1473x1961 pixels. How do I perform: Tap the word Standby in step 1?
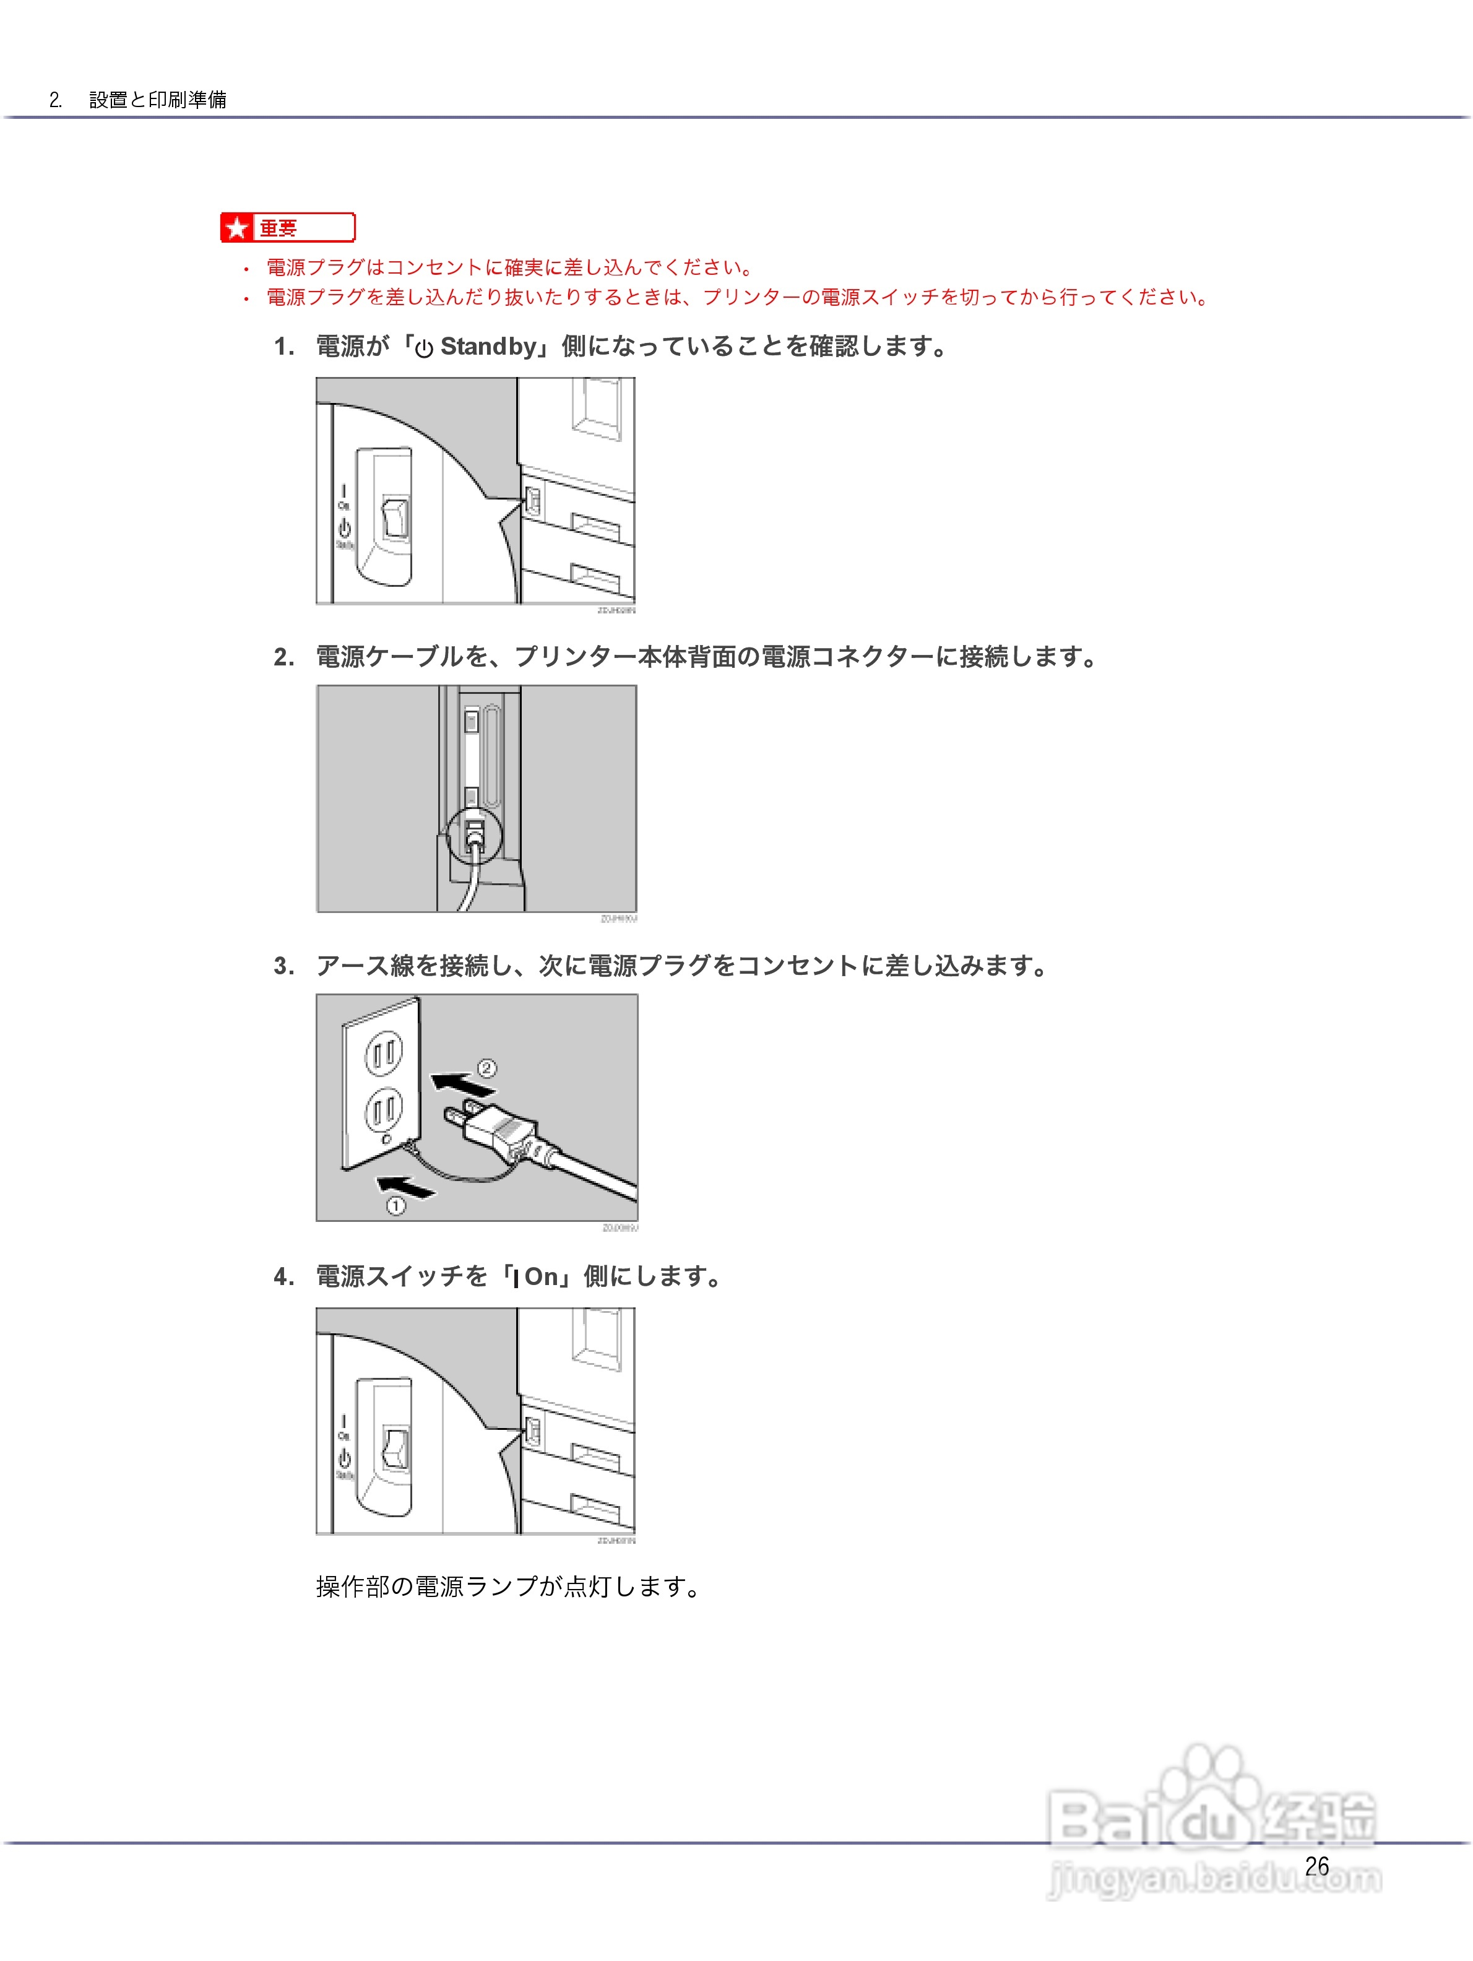(488, 347)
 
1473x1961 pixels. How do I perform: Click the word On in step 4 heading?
(541, 1276)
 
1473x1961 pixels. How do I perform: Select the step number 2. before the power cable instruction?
(283, 657)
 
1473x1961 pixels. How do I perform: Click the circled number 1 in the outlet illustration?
(395, 1206)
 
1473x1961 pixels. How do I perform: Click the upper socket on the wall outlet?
(384, 1053)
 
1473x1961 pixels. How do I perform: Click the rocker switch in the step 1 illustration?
(394, 519)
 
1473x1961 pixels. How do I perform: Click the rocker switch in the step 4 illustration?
(394, 1448)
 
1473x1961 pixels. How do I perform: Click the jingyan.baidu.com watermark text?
(1214, 1877)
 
